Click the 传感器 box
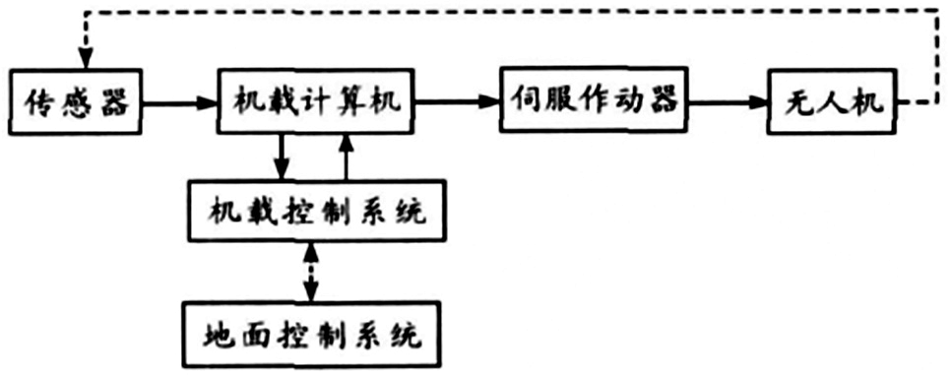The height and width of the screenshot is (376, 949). click(x=75, y=101)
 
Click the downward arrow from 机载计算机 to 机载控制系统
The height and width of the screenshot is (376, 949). click(x=282, y=157)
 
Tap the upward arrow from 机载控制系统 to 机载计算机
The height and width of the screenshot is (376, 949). click(x=346, y=157)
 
